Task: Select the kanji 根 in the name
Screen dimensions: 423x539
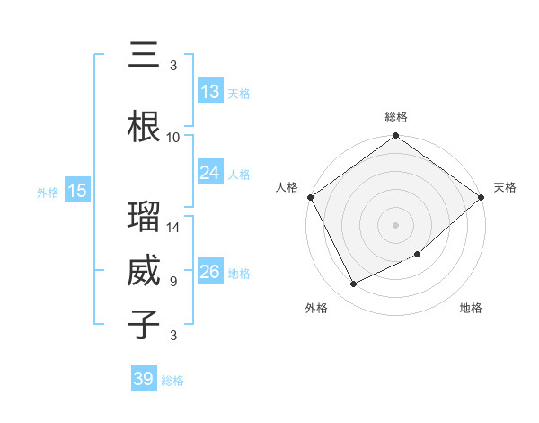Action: [144, 126]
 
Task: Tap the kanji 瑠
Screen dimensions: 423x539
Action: [144, 217]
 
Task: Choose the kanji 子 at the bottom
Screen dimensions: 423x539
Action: [144, 324]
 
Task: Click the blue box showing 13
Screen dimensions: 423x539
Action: [209, 92]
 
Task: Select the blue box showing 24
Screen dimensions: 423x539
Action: [209, 173]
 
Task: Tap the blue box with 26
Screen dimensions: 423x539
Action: [209, 272]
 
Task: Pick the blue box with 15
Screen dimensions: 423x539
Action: [76, 191]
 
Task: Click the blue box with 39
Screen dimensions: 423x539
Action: [143, 379]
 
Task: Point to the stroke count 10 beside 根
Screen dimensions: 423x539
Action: [173, 138]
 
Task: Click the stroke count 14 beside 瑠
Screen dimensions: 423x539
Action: [173, 228]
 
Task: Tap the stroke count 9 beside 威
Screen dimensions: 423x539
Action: [173, 282]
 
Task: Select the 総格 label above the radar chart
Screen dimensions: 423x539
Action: [395, 117]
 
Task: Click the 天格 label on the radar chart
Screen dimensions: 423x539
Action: [505, 187]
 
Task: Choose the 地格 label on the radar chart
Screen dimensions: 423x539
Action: [471, 308]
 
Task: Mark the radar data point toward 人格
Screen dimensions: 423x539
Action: [310, 197]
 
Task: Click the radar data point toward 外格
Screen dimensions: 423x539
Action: [353, 283]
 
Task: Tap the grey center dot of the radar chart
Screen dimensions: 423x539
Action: [395, 224]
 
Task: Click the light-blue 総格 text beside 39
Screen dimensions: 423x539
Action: [172, 381]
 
